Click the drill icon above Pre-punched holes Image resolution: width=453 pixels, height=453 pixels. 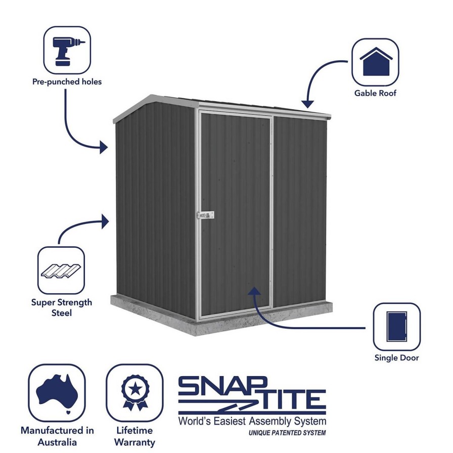coord(67,51)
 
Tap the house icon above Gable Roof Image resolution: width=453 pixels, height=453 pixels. coord(376,62)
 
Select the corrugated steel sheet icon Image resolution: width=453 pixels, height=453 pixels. coord(61,270)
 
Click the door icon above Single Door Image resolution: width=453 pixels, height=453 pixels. coord(397,327)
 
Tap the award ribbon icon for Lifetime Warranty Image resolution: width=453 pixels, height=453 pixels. coord(135,392)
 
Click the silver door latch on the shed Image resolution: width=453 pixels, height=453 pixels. coord(205,215)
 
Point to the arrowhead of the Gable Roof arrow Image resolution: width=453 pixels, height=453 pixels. coord(307,104)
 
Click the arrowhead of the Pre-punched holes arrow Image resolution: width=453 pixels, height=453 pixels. coord(104,147)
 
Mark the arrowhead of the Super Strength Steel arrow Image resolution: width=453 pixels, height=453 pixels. coord(105,222)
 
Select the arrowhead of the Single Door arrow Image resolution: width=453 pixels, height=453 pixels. coord(254,291)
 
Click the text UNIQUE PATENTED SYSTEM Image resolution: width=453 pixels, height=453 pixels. coord(287,433)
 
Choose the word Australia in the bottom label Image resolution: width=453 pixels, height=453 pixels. coord(57,442)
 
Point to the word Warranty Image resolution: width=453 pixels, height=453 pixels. coord(134,442)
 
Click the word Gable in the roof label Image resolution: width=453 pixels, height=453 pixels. coord(365,93)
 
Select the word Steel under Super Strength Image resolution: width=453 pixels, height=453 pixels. coord(62,313)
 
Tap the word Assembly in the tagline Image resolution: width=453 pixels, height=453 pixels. coord(270,422)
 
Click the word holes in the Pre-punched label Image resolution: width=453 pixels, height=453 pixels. coord(92,82)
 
